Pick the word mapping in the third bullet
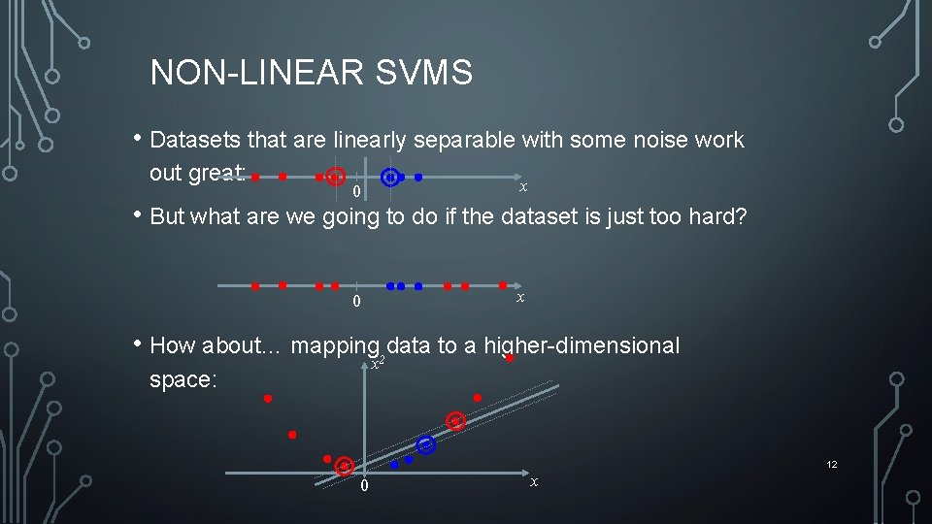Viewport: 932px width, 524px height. (335, 345)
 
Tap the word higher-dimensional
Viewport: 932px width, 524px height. (582, 345)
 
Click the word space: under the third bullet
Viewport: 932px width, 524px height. (183, 379)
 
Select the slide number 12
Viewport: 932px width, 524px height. (832, 465)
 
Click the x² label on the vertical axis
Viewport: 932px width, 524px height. (379, 364)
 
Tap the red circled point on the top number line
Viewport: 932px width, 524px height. (335, 178)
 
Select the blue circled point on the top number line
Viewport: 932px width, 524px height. (390, 178)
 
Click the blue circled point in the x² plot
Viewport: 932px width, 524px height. (425, 444)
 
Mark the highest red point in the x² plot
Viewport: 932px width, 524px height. (510, 358)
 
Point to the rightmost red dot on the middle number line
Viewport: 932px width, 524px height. (503, 285)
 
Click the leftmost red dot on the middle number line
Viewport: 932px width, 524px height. (254, 286)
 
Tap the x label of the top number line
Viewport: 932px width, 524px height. (523, 186)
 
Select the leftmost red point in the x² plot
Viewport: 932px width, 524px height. (268, 398)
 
